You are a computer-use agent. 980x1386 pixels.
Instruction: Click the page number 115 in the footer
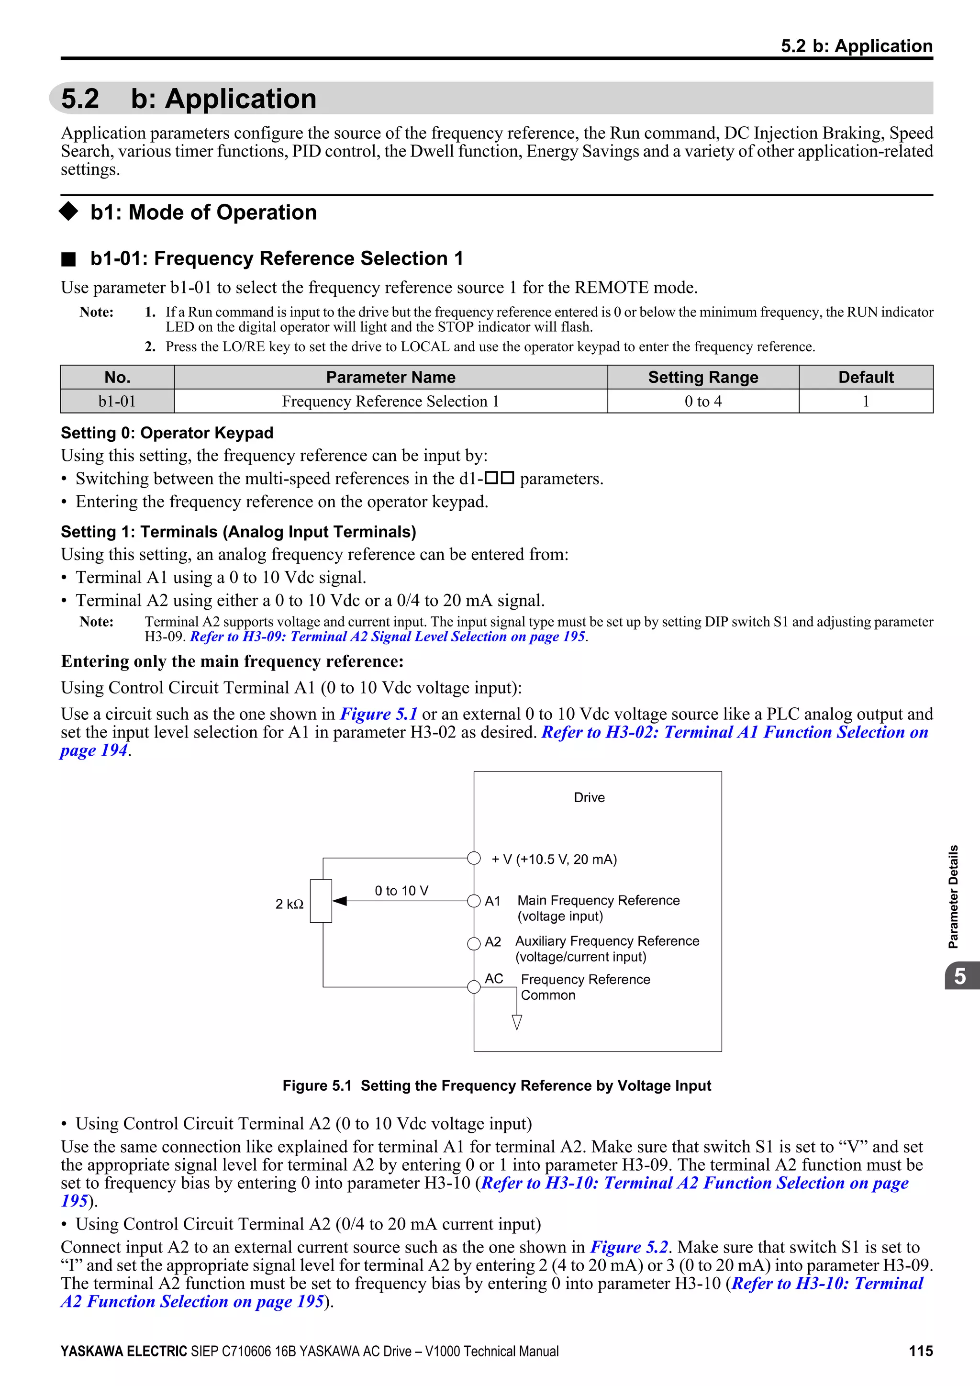click(920, 1351)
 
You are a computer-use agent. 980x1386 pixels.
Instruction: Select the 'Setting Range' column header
click(703, 377)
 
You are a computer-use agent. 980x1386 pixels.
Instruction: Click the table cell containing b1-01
click(117, 402)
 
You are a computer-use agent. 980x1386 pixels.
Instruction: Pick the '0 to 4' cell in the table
click(703, 402)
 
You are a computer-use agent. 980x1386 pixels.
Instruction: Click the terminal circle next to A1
click(474, 901)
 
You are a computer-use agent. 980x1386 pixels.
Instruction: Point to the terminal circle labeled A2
click(474, 943)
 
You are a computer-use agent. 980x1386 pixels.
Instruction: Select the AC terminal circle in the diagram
click(474, 987)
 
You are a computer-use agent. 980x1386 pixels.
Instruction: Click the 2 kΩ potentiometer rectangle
click(321, 901)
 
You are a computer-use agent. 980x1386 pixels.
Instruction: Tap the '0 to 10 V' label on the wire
click(401, 890)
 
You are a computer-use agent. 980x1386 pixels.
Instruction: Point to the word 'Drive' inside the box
click(589, 797)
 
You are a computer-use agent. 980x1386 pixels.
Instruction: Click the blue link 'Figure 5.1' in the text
click(379, 714)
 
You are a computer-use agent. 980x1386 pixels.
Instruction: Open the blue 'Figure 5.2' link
click(629, 1247)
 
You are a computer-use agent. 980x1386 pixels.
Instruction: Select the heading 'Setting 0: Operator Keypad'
click(167, 433)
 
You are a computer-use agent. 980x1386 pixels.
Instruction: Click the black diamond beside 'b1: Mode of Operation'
click(69, 211)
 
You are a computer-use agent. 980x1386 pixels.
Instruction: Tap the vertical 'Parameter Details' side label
click(954, 896)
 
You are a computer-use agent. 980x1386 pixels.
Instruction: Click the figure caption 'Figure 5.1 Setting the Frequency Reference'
click(497, 1086)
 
